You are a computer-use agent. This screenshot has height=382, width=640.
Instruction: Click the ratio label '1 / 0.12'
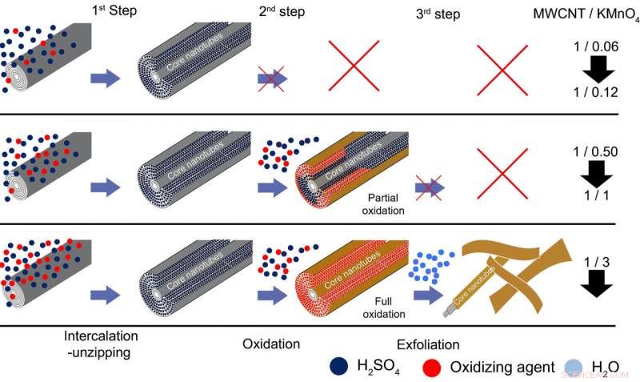point(595,93)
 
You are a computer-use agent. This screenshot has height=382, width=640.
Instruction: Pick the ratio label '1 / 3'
point(594,257)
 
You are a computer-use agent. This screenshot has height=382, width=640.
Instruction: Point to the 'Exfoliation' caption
point(428,345)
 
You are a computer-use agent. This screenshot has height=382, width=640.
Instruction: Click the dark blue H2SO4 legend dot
point(337,366)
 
